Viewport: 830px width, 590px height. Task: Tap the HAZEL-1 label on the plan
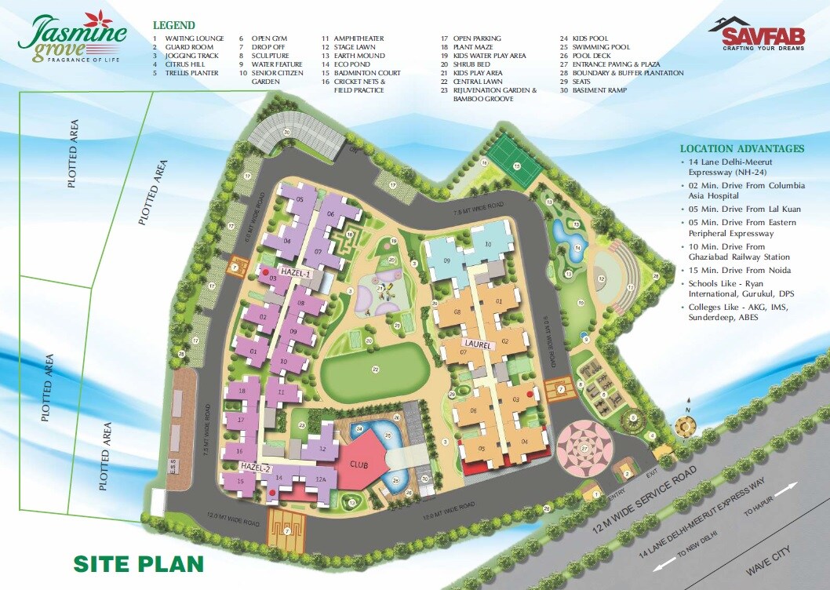coord(297,273)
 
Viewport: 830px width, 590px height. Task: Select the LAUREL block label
coord(476,344)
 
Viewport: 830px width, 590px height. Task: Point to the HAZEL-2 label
coord(255,468)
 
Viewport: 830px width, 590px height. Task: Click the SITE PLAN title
coord(138,563)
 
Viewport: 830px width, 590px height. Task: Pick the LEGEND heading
coord(174,25)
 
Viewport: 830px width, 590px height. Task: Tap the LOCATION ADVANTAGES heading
coord(741,148)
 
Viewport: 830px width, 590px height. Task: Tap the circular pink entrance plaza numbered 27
coord(584,448)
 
